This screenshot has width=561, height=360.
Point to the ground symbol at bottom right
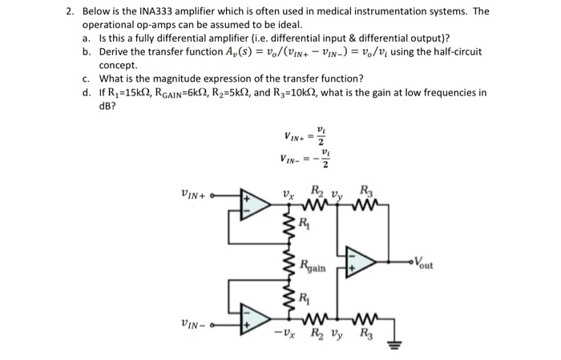click(x=393, y=346)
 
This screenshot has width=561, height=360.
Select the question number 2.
click(x=70, y=12)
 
